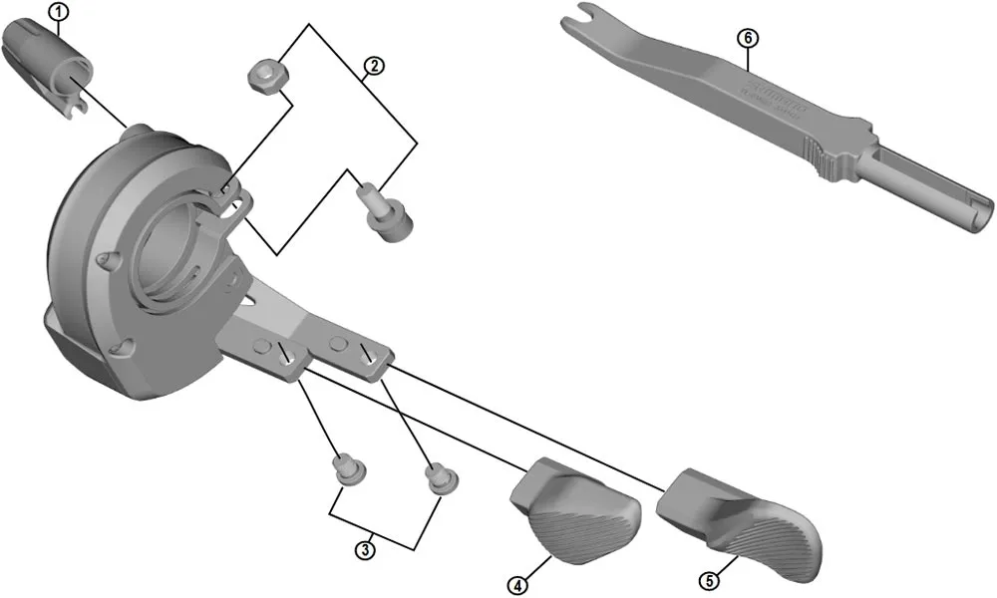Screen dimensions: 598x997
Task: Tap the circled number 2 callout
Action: tap(372, 66)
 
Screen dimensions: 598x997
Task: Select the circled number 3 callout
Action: tap(366, 548)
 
